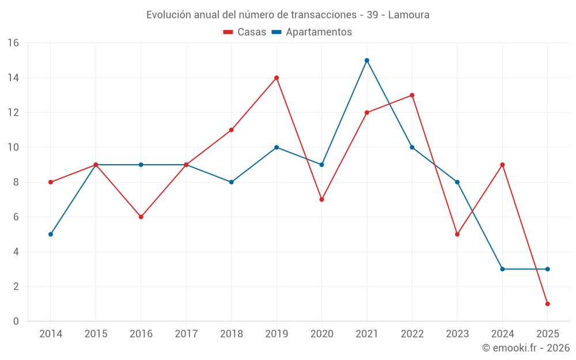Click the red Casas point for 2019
[x=276, y=78]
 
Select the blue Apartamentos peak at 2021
[x=367, y=60]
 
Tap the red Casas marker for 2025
[x=547, y=304]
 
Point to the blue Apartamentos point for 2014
[x=51, y=234]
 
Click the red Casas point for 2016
[x=141, y=217]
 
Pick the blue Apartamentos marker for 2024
[x=502, y=269]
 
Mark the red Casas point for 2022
[x=412, y=95]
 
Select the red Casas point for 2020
[x=321, y=199]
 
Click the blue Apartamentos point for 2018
[x=232, y=182]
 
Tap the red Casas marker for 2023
[x=457, y=234]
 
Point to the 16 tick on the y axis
[x=13, y=43]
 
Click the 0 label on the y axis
[x=16, y=321]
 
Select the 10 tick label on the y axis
[x=13, y=147]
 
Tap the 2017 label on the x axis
[x=186, y=334]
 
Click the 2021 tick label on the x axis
[x=367, y=334]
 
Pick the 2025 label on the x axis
[x=547, y=334]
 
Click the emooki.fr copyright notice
[x=525, y=348]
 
